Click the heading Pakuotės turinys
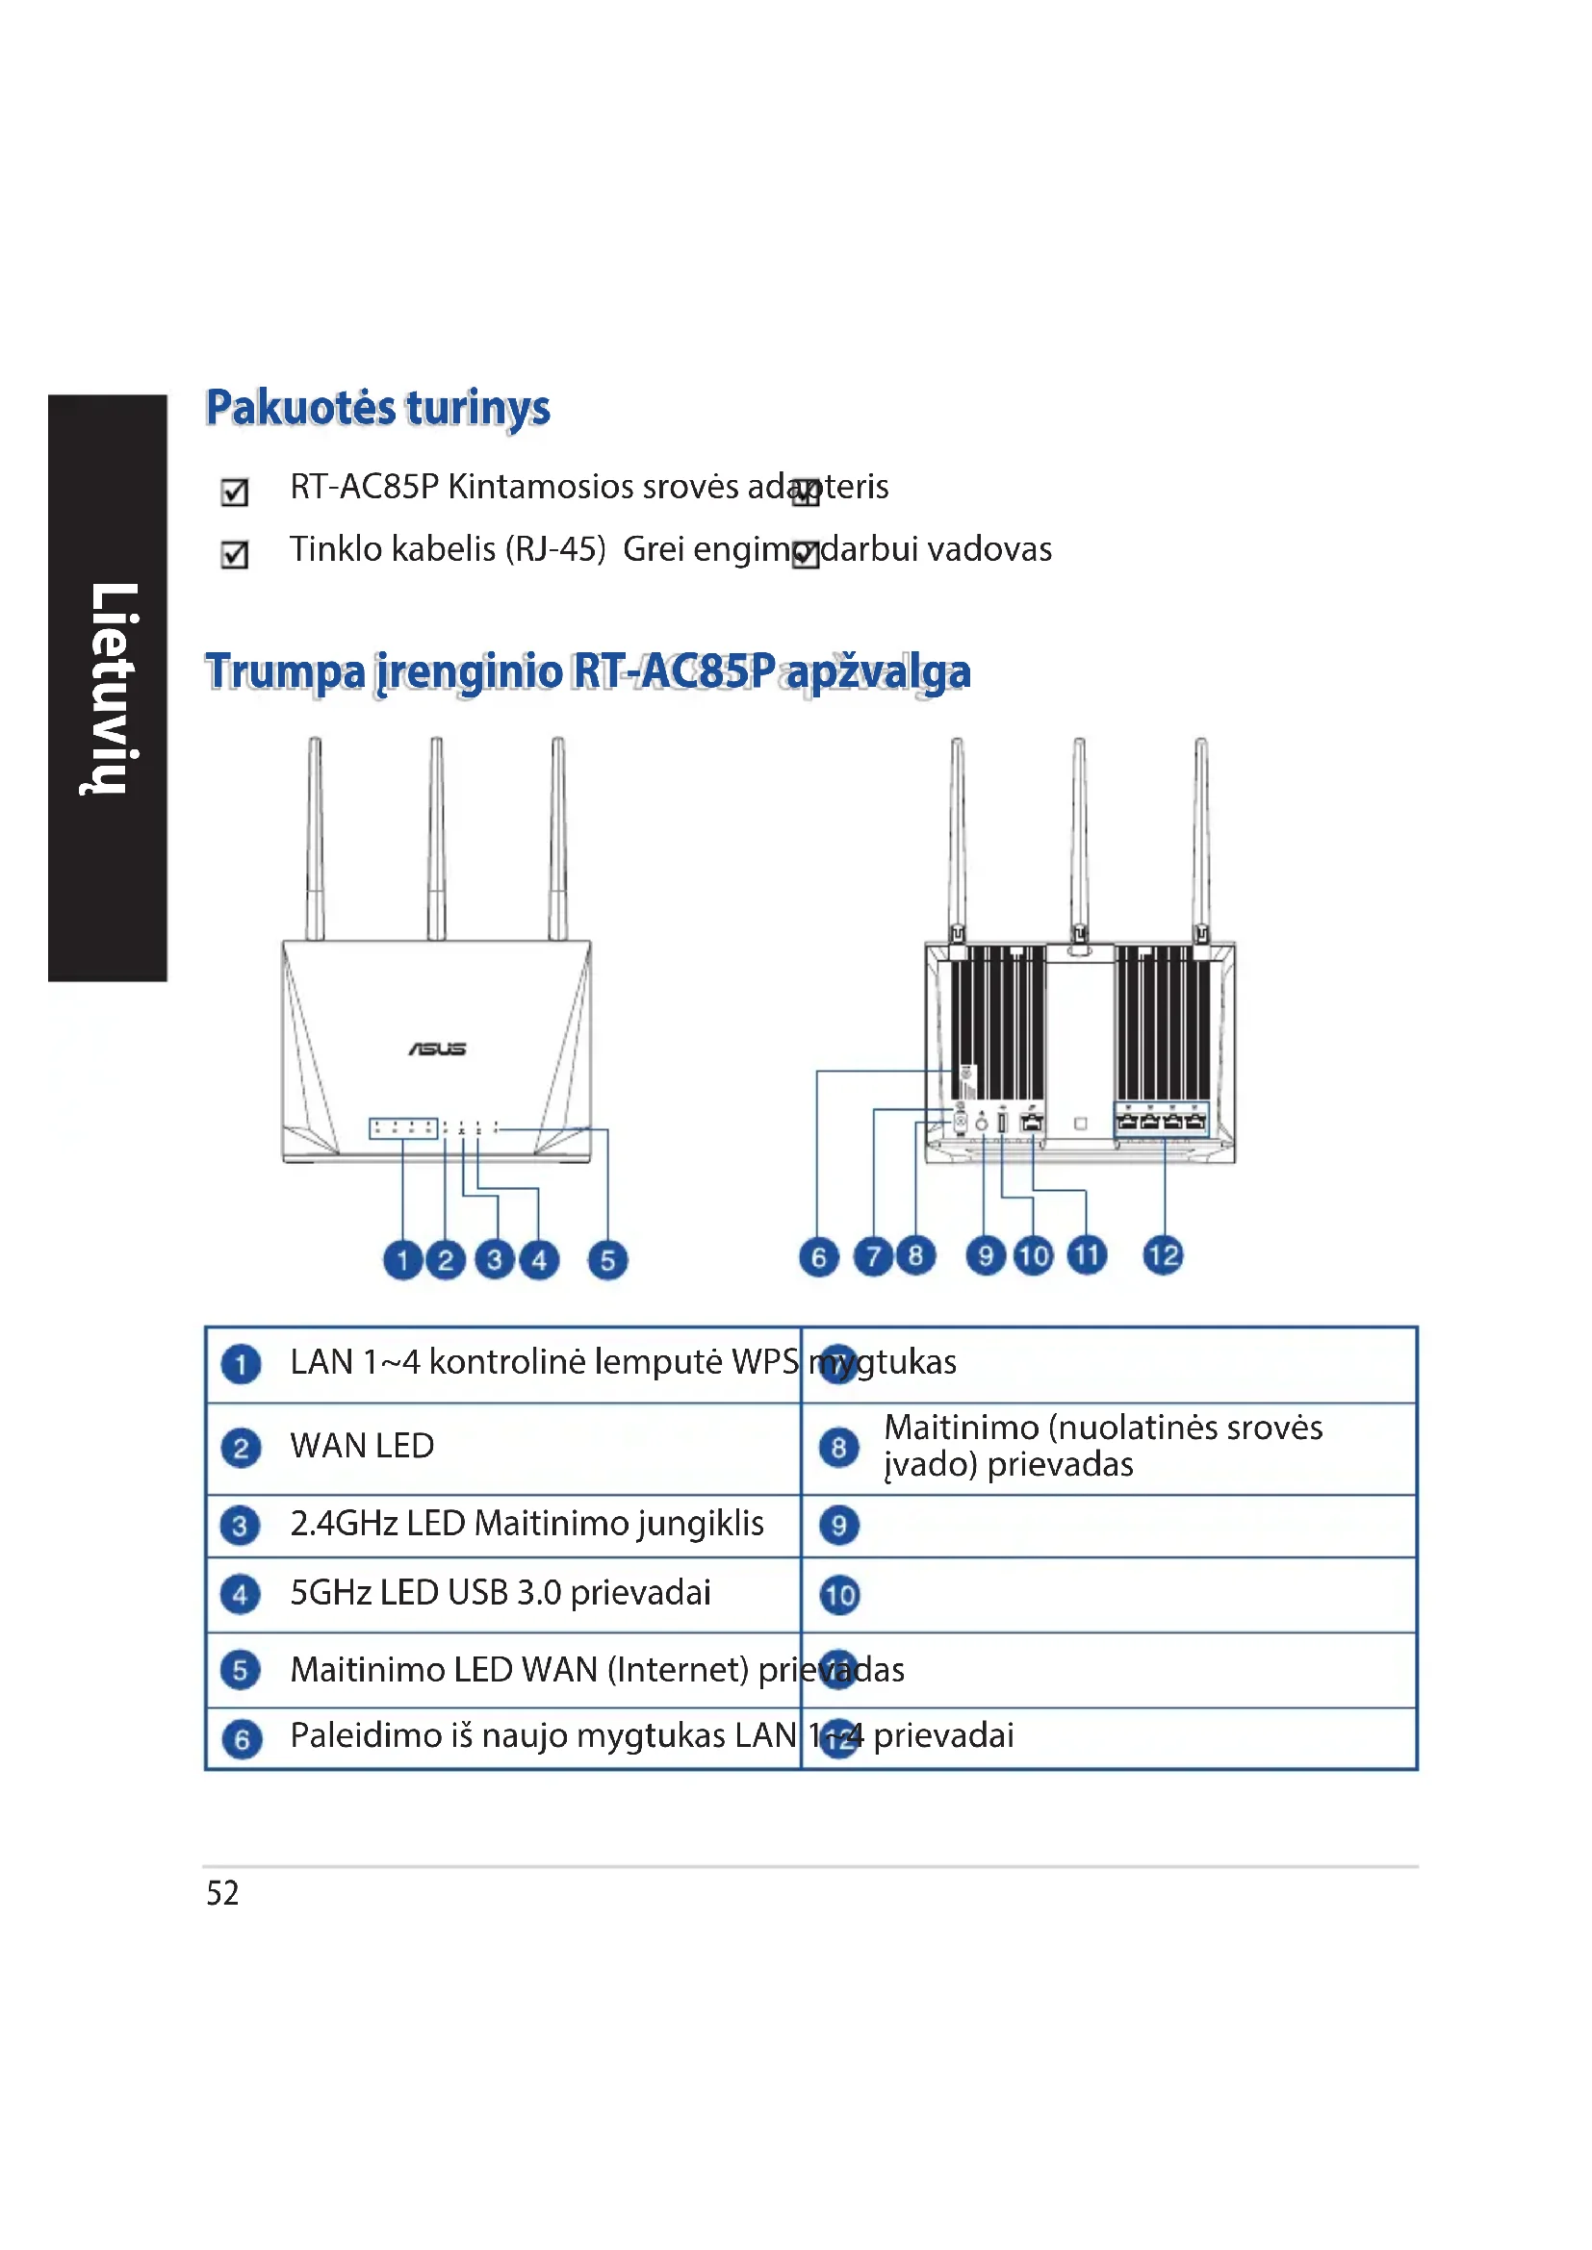click(x=377, y=408)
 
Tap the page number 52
click(x=222, y=1892)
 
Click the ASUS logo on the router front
click(x=437, y=1049)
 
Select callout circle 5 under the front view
click(x=607, y=1259)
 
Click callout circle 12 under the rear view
click(x=1164, y=1255)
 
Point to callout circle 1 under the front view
click(x=403, y=1259)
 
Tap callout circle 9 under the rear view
click(x=987, y=1255)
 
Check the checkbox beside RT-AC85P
click(x=234, y=491)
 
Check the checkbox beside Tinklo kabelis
click(x=234, y=555)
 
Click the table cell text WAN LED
click(x=362, y=1446)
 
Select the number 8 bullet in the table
click(x=839, y=1448)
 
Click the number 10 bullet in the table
click(x=840, y=1594)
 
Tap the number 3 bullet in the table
click(x=241, y=1525)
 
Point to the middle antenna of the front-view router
click(x=436, y=838)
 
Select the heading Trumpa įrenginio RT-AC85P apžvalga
click(x=588, y=672)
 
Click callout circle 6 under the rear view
click(x=819, y=1256)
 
